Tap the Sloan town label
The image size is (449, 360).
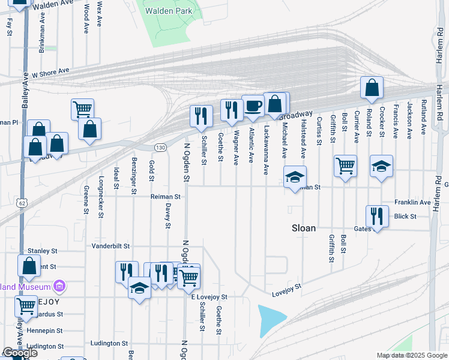coord(304,228)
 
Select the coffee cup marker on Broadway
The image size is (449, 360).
coord(253,106)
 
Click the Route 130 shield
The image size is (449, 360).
coord(160,147)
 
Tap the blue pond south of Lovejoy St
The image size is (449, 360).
coord(271,320)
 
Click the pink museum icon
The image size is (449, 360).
coord(59,285)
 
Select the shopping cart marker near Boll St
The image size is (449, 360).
coord(345,166)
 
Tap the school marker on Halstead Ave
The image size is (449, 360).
coord(295,177)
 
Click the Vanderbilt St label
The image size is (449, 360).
coord(111,246)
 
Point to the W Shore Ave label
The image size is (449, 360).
coord(51,73)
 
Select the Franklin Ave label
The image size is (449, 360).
coord(412,203)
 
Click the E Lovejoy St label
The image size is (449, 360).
coord(209,297)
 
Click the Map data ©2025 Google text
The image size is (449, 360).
coord(411,355)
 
